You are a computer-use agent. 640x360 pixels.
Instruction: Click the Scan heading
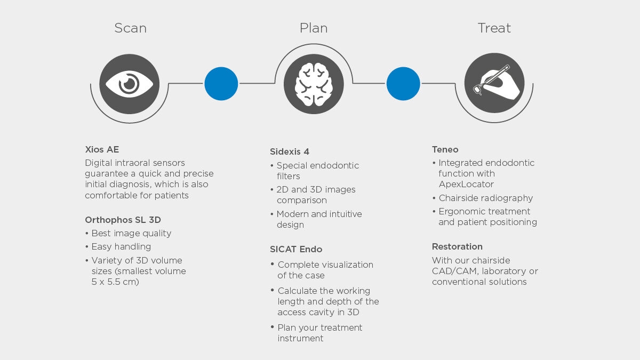[130, 28]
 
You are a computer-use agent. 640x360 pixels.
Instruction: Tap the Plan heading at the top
[314, 28]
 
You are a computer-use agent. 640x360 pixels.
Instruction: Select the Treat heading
[494, 28]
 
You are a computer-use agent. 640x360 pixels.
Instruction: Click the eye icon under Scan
[130, 84]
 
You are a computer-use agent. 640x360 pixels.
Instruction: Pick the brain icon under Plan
[314, 84]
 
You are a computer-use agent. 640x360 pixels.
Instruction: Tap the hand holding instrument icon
[494, 84]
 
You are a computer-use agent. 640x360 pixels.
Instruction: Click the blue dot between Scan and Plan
[221, 84]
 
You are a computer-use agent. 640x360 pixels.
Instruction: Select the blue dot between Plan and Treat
[403, 84]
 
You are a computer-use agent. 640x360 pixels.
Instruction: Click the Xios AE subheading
[102, 149]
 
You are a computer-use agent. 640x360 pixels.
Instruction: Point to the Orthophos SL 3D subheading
[123, 220]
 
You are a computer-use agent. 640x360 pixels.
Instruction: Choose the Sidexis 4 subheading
[290, 152]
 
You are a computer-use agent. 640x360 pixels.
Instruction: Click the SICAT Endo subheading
[296, 249]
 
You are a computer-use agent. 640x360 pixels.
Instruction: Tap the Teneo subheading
[445, 149]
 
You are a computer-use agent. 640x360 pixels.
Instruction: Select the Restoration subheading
[457, 246]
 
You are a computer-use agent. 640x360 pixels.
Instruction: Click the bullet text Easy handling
[121, 246]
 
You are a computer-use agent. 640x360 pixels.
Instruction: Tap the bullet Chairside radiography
[485, 198]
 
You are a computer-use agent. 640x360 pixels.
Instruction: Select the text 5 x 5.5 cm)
[115, 282]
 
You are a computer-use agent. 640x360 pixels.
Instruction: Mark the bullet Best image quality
[131, 233]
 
